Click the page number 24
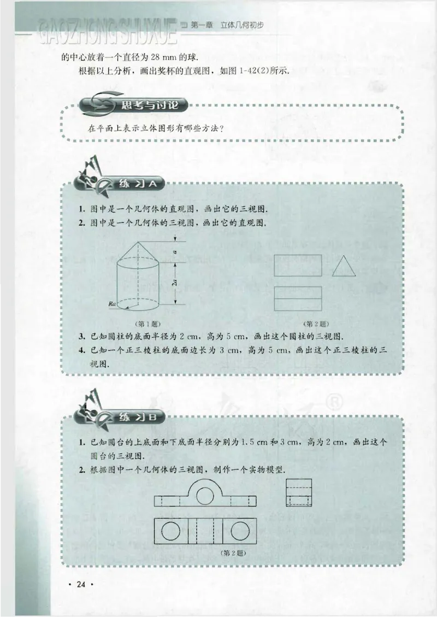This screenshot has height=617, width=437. pyautogui.click(x=82, y=585)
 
